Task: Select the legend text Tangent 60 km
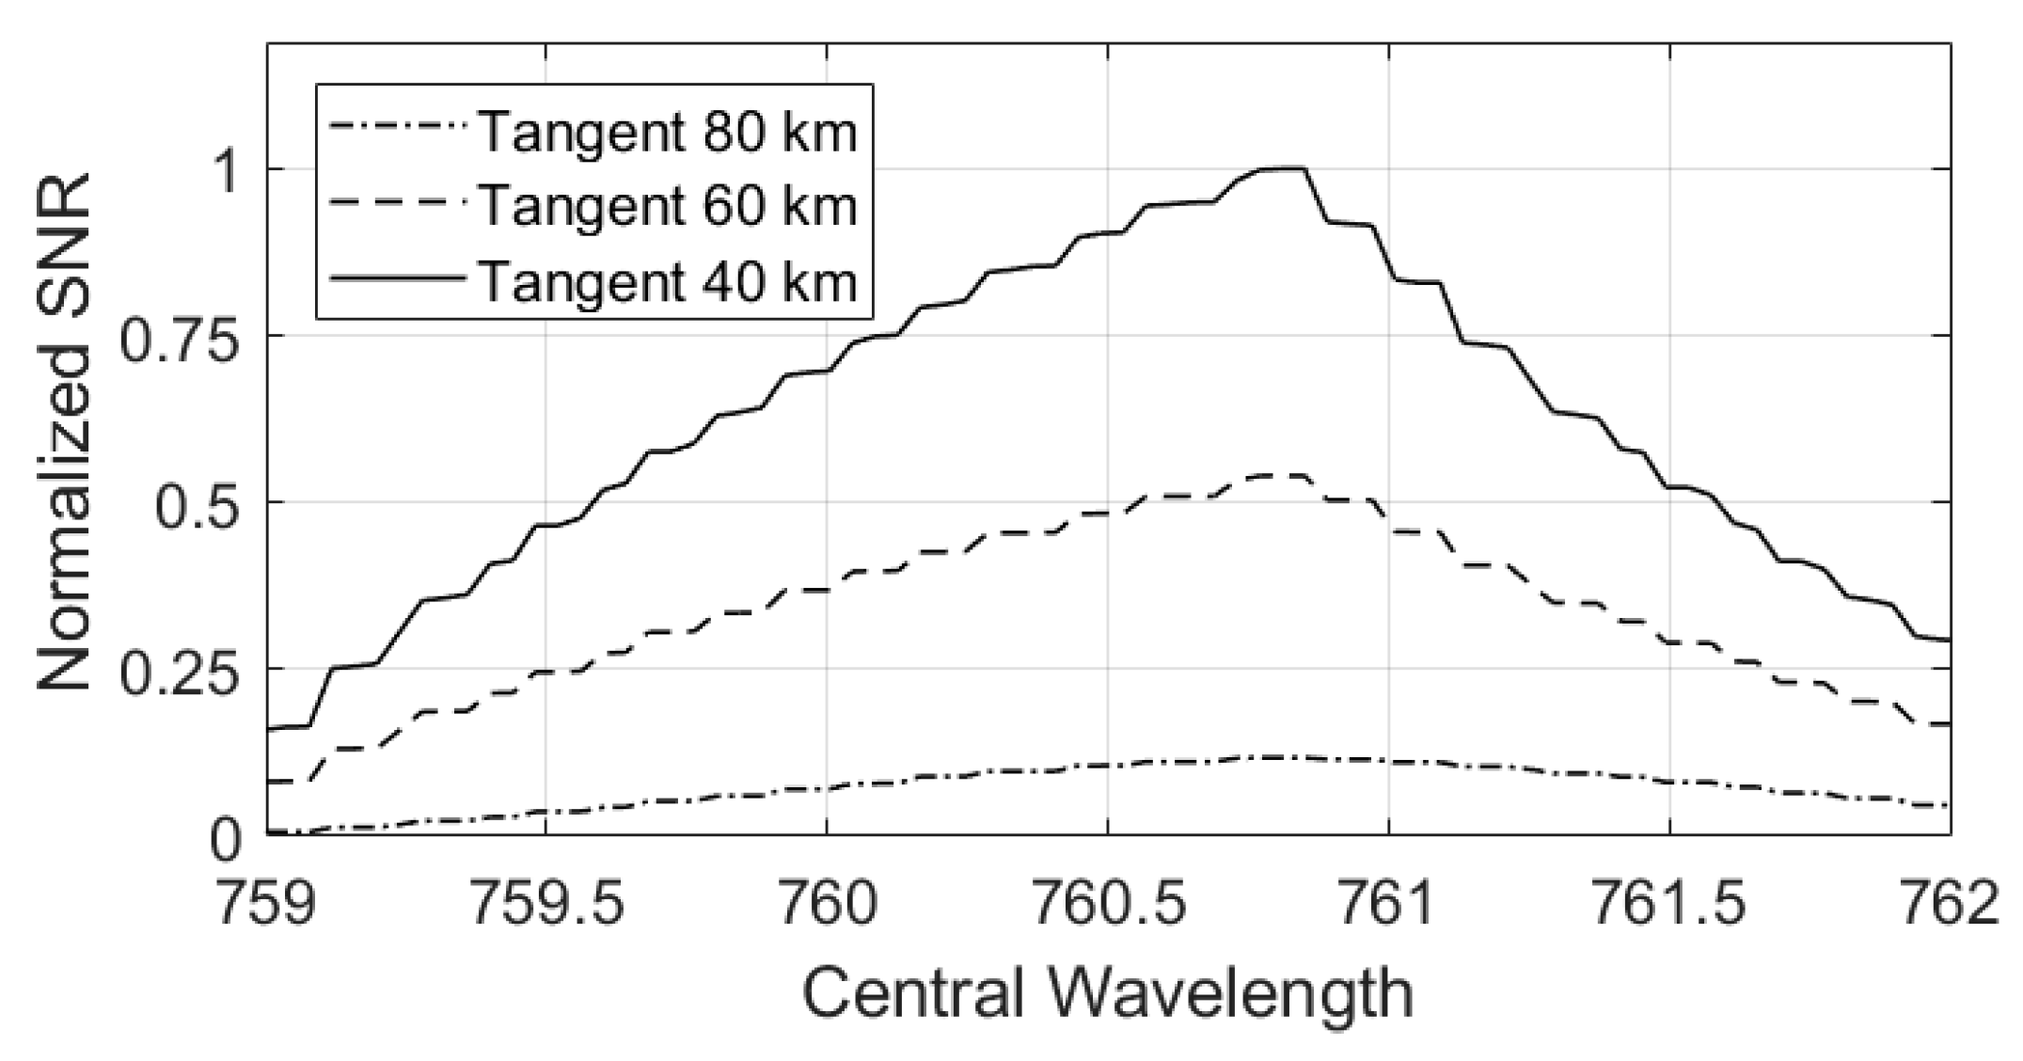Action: point(668,205)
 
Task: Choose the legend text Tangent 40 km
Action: point(668,279)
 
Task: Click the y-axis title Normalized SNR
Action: point(64,433)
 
